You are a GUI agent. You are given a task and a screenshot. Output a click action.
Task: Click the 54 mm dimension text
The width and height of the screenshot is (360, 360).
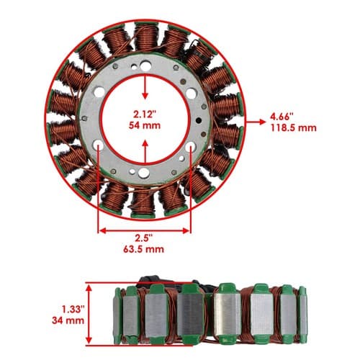[x=145, y=125]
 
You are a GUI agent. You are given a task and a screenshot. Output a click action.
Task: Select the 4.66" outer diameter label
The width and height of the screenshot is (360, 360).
[x=282, y=117]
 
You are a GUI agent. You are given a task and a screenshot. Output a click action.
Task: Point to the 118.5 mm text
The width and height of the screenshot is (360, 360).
[x=294, y=127]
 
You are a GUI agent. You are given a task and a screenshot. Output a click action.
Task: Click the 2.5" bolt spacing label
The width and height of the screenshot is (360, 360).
[x=144, y=238]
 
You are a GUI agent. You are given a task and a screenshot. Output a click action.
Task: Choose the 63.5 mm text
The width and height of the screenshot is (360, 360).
[x=144, y=249]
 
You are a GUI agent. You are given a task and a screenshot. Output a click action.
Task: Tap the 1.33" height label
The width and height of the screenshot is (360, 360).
[x=73, y=310]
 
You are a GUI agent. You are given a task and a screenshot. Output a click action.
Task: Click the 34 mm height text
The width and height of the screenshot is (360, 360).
[x=68, y=320]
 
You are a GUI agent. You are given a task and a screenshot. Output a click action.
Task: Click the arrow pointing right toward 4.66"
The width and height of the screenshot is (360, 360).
[x=256, y=122]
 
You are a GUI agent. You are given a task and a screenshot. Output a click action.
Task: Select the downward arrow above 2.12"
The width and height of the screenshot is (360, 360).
[x=145, y=87]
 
